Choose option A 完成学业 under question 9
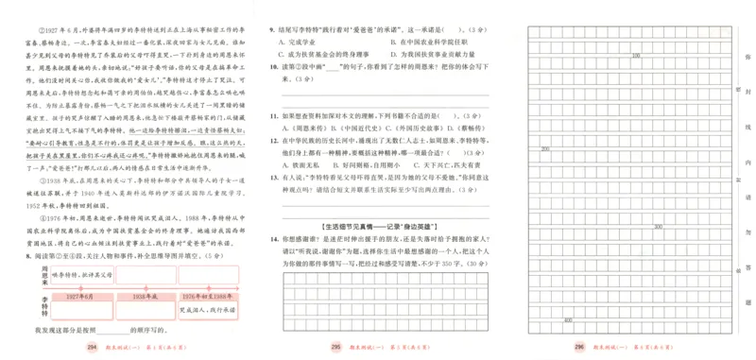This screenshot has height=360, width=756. click(302, 43)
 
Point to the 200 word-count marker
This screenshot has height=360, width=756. click(545, 148)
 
